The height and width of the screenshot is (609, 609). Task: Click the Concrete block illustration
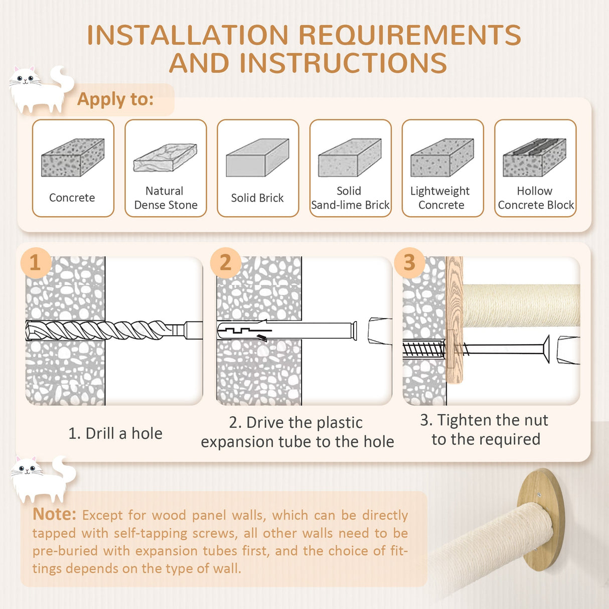pyautogui.click(x=73, y=158)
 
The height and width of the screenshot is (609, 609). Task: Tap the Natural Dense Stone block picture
pyautogui.click(x=165, y=158)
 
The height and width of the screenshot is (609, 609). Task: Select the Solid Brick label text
pyautogui.click(x=257, y=198)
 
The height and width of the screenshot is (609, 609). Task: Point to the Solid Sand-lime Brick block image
pyautogui.click(x=350, y=158)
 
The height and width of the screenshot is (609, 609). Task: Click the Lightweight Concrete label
pyautogui.click(x=440, y=198)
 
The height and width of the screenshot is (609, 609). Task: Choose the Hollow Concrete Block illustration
pyautogui.click(x=535, y=158)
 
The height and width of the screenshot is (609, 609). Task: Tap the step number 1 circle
pyautogui.click(x=36, y=263)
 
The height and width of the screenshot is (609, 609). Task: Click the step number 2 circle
pyautogui.click(x=226, y=263)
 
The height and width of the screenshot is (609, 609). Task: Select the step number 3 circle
pyautogui.click(x=409, y=263)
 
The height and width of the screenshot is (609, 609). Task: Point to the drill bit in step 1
pyautogui.click(x=114, y=330)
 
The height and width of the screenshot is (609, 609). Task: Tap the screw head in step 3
pyautogui.click(x=546, y=349)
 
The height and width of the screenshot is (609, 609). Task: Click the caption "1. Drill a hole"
pyautogui.click(x=115, y=433)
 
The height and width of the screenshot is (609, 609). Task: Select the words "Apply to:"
pyautogui.click(x=115, y=99)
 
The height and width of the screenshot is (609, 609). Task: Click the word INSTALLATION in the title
pyautogui.click(x=188, y=35)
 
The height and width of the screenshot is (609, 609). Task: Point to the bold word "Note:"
pyautogui.click(x=54, y=514)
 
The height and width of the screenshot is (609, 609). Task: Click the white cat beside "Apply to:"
pyautogui.click(x=41, y=89)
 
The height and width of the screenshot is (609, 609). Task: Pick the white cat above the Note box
pyautogui.click(x=43, y=479)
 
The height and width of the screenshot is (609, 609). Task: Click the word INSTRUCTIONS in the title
pyautogui.click(x=343, y=63)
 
